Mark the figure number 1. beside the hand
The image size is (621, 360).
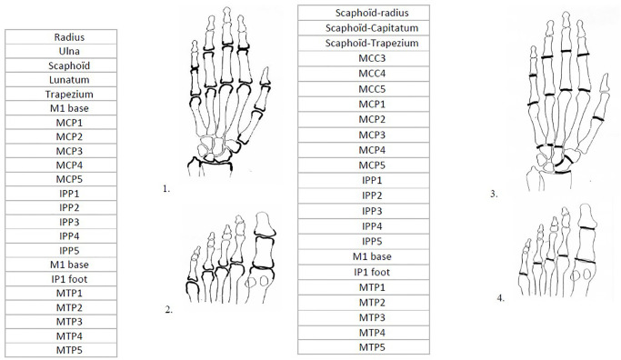tap(166, 189)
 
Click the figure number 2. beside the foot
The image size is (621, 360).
tap(169, 310)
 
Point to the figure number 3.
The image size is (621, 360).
tap(494, 194)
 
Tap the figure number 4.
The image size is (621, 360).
tap(501, 298)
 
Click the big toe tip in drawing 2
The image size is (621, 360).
tap(265, 213)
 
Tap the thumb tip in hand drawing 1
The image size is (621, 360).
tap(265, 67)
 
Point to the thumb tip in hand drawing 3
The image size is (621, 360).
tap(605, 74)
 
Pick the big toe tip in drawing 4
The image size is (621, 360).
tap(587, 205)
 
